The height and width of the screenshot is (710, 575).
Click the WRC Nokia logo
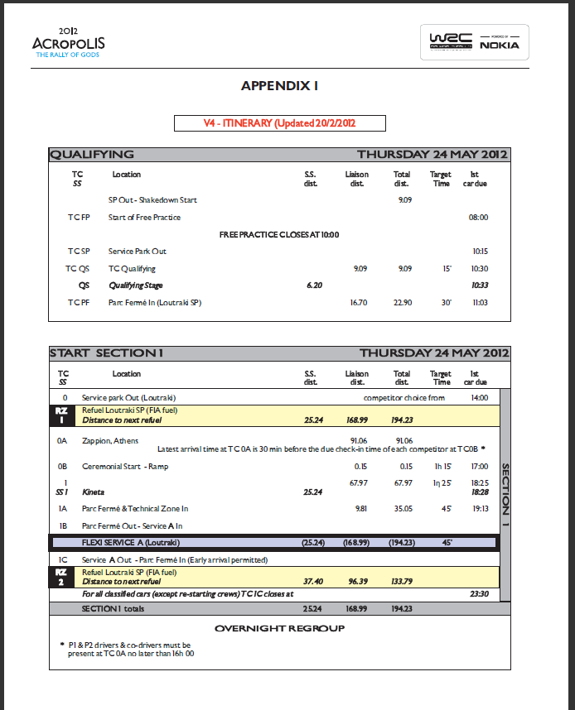[x=475, y=42]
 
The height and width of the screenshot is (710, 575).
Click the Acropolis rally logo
[x=68, y=43]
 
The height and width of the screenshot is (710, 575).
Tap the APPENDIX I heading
[x=279, y=85]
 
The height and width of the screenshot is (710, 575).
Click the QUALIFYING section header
[x=91, y=154]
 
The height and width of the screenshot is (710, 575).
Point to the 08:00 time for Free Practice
[x=478, y=218]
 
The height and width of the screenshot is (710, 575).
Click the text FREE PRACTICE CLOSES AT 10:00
[x=279, y=234]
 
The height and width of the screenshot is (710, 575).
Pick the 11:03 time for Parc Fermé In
[x=478, y=303]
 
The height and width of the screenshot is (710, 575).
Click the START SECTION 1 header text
[x=106, y=353]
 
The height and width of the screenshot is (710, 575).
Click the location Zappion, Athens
[x=111, y=441]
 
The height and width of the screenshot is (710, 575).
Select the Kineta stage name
[x=94, y=492]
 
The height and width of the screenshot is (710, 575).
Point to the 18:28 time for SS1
[x=479, y=492]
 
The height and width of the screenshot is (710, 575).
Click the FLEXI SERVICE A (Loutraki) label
[x=131, y=543]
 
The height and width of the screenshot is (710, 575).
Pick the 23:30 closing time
[x=479, y=593]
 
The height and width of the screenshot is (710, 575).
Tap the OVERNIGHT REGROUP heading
[x=279, y=628]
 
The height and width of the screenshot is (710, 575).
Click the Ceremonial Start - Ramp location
[x=125, y=467]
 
